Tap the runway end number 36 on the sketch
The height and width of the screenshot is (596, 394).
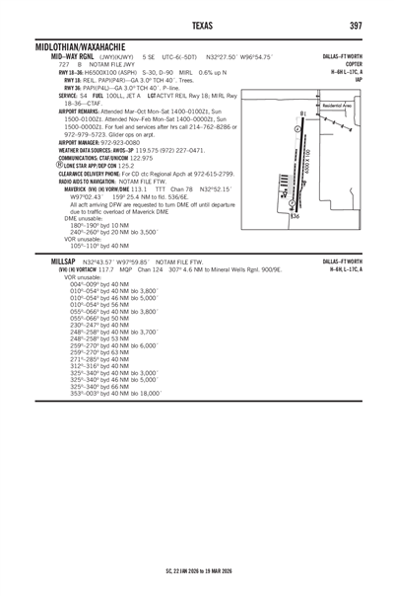(x=295, y=216)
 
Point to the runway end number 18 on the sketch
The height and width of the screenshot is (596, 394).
(x=300, y=114)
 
